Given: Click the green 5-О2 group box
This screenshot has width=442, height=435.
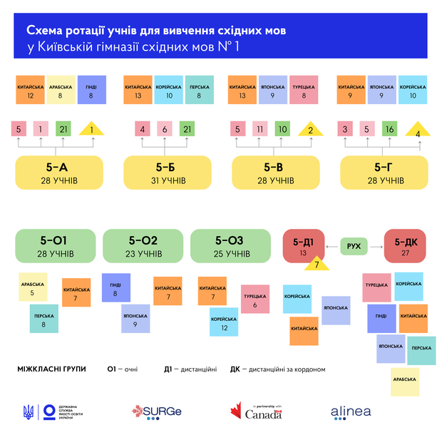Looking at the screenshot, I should tap(143, 246).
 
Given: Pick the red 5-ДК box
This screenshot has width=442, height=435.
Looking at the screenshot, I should tap(406, 246).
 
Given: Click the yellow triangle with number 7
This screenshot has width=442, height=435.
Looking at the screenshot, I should tap(316, 265).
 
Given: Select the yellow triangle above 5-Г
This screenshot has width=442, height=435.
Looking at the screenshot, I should tap(418, 130).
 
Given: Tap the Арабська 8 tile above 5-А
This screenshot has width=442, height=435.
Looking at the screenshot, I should tap(60, 90).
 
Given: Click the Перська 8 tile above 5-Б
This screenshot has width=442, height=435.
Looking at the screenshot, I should tap(199, 90).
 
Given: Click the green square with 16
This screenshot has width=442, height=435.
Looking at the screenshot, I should tap(389, 129).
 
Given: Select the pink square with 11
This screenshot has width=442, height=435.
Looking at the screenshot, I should tap(262, 129).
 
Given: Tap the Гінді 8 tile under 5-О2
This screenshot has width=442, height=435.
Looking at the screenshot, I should tap(115, 287).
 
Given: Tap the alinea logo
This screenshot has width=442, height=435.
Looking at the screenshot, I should tap(350, 411).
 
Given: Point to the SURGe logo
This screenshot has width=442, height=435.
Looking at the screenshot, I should tap(156, 411).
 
